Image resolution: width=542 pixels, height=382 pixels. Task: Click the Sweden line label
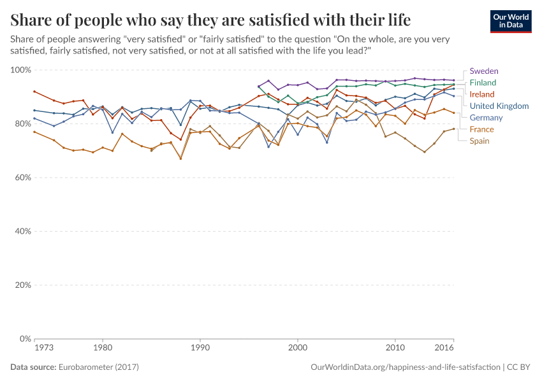[483, 71]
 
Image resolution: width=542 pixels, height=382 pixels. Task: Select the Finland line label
[483, 83]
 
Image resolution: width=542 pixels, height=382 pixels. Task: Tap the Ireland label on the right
[481, 94]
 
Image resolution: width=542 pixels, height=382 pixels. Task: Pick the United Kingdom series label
[499, 106]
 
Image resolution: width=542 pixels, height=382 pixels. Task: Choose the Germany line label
[486, 117]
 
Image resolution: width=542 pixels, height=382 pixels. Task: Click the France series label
[481, 129]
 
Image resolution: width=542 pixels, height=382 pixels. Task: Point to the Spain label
[480, 141]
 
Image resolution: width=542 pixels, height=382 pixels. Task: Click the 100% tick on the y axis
[21, 70]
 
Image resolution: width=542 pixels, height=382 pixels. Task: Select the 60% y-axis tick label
[23, 178]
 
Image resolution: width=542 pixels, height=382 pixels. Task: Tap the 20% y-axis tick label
[23, 285]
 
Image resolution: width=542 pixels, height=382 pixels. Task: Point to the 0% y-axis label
[25, 339]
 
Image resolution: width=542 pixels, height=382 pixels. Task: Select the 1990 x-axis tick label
[200, 349]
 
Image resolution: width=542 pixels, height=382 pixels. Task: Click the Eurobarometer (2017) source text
[99, 367]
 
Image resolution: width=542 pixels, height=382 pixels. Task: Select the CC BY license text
[520, 367]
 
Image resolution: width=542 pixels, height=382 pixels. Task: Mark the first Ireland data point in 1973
[34, 91]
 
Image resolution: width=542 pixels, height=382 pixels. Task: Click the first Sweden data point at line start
[258, 87]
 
